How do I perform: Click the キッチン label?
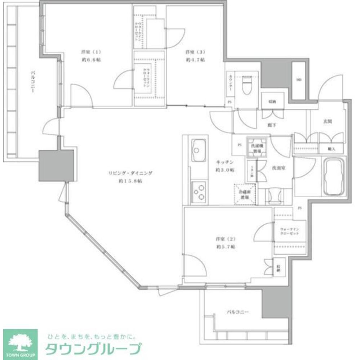225,162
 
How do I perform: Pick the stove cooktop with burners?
198,191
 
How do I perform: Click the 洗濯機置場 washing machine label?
257,148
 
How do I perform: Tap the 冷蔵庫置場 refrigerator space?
245,194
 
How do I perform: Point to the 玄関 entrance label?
327,122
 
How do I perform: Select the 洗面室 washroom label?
279,167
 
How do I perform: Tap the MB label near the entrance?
299,80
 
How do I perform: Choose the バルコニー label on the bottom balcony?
237,312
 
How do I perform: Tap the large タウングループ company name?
92,349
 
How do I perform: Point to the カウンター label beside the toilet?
230,84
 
